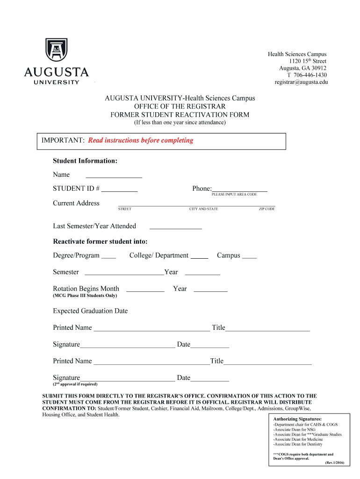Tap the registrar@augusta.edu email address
click(x=301, y=82)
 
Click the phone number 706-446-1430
click(x=307, y=75)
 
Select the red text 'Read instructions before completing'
click(x=140, y=140)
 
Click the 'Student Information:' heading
click(x=85, y=161)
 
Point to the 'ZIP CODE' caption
click(x=267, y=209)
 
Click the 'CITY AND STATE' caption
click(x=203, y=209)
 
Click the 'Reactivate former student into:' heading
click(x=100, y=242)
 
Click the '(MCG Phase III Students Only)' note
click(x=85, y=296)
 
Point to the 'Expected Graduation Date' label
click(x=90, y=311)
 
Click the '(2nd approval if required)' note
click(x=75, y=384)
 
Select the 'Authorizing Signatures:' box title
click(x=297, y=419)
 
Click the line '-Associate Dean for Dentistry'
click(x=297, y=444)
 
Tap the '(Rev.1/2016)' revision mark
click(x=334, y=463)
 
